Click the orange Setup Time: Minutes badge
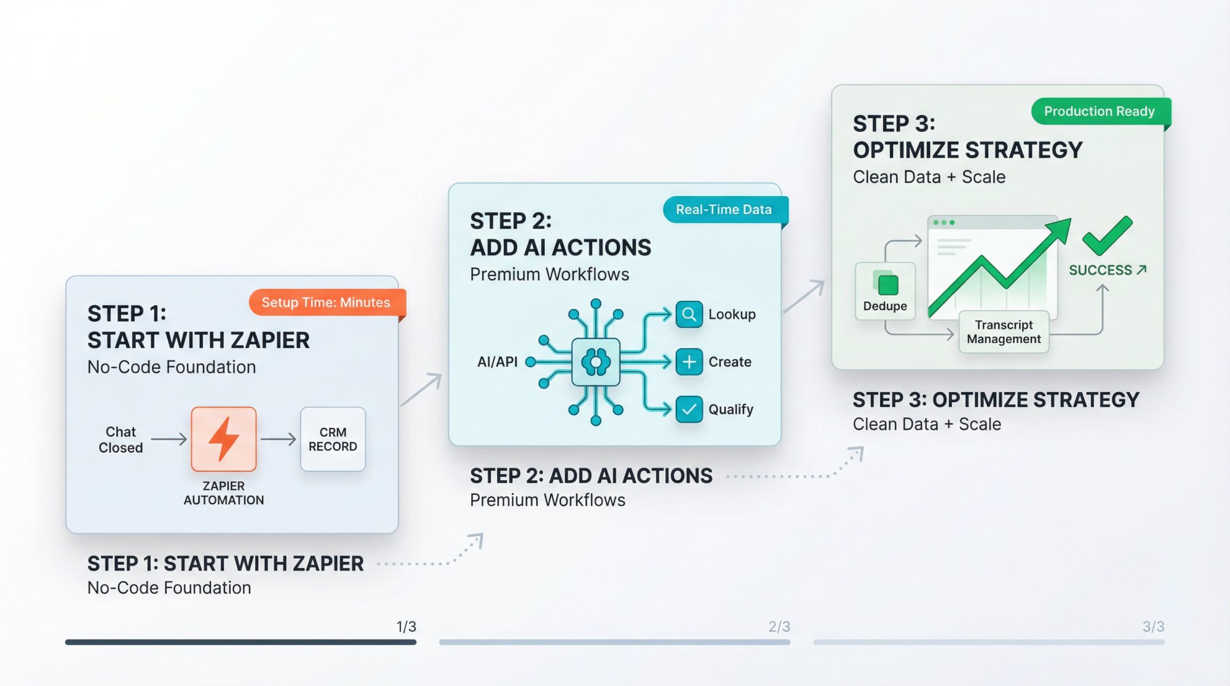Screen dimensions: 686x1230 [x=326, y=302]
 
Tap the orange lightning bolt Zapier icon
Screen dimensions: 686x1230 [x=223, y=439]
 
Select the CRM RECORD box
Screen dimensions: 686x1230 [x=333, y=439]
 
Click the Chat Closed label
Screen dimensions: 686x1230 [x=121, y=440]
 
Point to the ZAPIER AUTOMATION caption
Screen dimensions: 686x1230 [x=223, y=493]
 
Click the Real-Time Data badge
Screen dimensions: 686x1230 [x=723, y=210]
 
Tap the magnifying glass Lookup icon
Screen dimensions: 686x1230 [x=689, y=314]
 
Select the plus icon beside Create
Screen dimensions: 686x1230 [x=689, y=361]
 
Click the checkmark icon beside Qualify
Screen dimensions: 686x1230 [x=689, y=409]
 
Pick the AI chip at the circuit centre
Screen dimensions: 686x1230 [x=595, y=361]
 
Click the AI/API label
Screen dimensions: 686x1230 [x=497, y=362]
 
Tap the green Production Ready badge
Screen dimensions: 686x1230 [x=1099, y=111]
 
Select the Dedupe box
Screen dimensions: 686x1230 [x=885, y=291]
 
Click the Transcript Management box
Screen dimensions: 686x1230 [x=1004, y=332]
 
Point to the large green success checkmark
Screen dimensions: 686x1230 [x=1106, y=236]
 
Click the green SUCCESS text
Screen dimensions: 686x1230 [x=1101, y=270]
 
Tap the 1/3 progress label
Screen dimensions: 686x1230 [x=406, y=626]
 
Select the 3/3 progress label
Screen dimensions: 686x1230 [x=1153, y=626]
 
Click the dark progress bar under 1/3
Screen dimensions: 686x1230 [x=240, y=642]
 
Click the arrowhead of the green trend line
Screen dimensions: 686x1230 [x=1060, y=229]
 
